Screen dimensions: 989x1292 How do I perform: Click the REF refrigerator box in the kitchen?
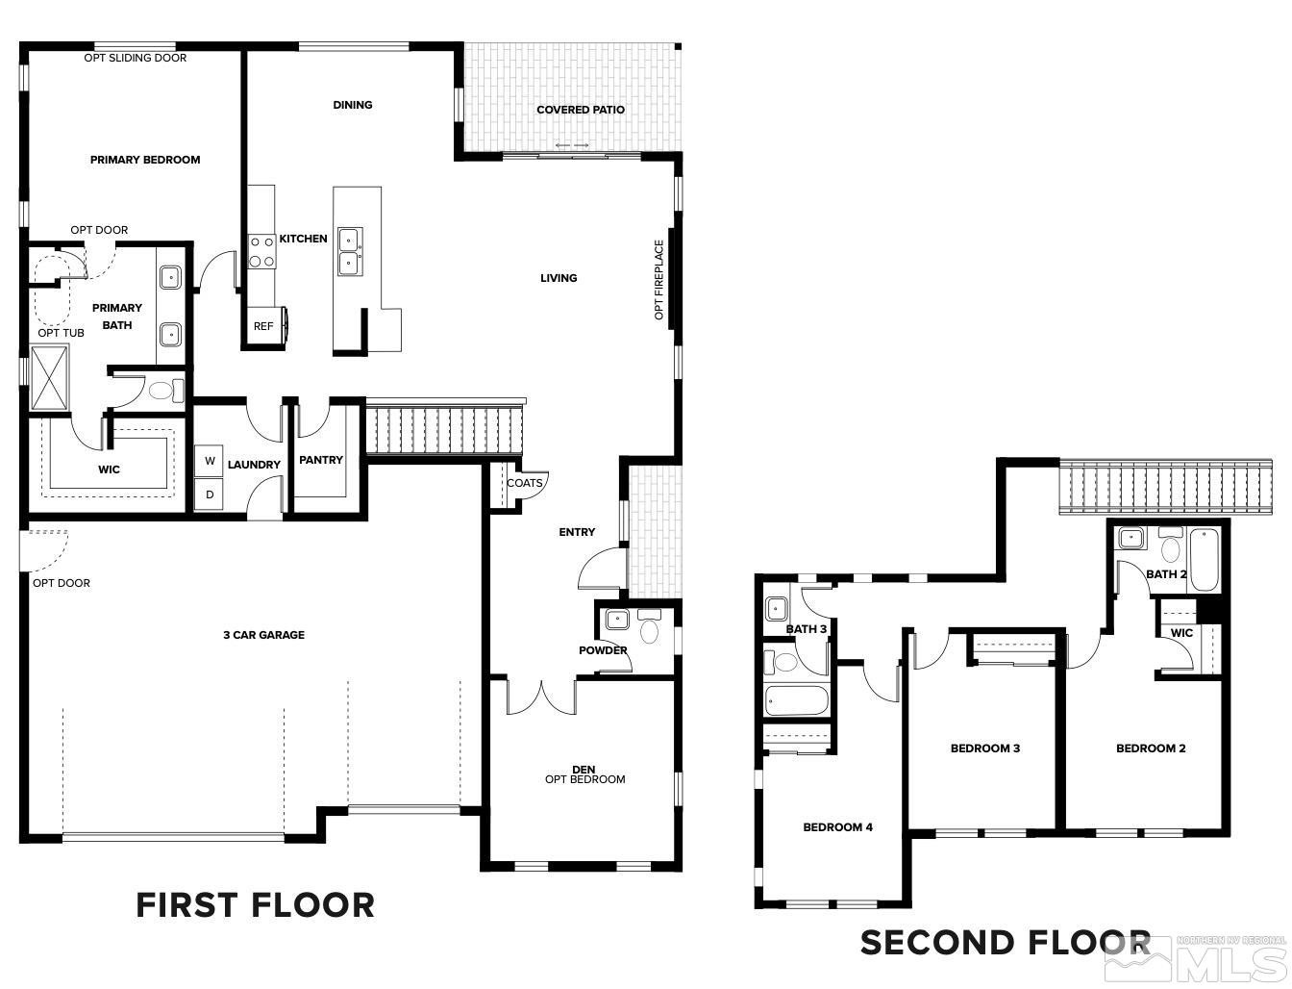coord(263,326)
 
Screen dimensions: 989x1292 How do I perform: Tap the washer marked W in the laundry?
coord(210,461)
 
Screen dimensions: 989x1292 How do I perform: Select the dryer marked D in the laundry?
coord(210,494)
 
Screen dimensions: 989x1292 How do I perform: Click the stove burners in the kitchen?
coord(261,252)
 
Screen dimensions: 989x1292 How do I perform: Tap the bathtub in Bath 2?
coord(1204,562)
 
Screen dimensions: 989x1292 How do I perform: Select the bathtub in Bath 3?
coord(795,701)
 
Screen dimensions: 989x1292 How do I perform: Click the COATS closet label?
coord(525,483)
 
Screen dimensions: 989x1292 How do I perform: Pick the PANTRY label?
coord(321,460)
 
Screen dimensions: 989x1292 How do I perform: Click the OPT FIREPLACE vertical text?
coord(659,280)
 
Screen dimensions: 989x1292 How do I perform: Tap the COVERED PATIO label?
coord(581,110)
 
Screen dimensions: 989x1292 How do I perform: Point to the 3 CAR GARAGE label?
coord(263,635)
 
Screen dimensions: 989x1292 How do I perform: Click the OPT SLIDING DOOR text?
coord(136,58)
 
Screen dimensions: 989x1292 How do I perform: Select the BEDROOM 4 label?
coord(837,827)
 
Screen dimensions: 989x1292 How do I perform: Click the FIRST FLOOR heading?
coord(255,905)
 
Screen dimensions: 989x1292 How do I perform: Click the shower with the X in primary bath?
coord(49,377)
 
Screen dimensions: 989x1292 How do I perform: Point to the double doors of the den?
coord(541,697)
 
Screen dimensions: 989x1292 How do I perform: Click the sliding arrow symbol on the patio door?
coord(572,145)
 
